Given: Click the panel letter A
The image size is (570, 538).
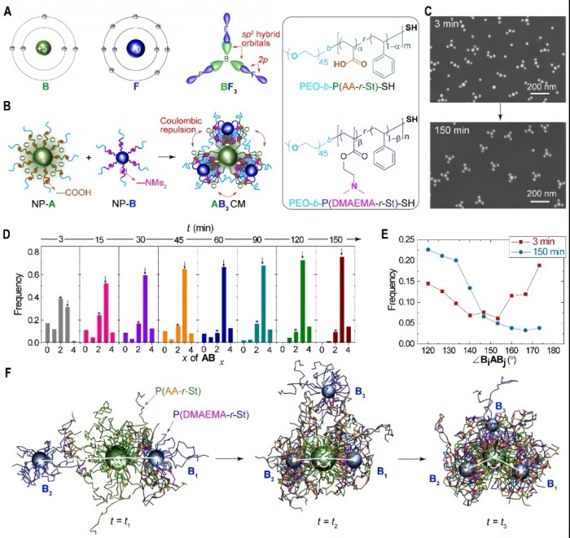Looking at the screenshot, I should click(x=8, y=8).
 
